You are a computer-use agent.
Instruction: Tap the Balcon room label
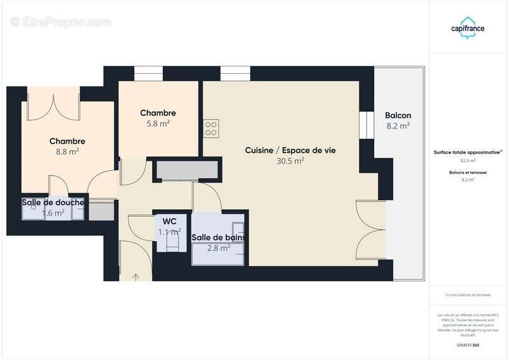click(x=398, y=115)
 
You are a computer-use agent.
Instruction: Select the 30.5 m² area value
click(x=290, y=161)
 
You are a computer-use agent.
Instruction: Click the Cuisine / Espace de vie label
click(x=290, y=150)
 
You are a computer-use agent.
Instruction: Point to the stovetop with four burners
click(x=211, y=128)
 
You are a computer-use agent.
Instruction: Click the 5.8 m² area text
click(x=158, y=124)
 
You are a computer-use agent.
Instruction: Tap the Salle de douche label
click(x=53, y=202)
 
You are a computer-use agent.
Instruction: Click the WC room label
click(x=169, y=221)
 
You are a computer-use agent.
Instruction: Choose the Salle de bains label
click(x=220, y=237)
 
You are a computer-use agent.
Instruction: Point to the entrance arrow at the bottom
click(x=136, y=275)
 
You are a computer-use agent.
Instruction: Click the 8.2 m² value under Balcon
click(x=398, y=126)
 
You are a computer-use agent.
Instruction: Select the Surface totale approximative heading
click(x=468, y=153)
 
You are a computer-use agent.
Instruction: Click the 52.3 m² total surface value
click(x=468, y=161)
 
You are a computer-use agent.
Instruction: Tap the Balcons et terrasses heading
click(x=468, y=172)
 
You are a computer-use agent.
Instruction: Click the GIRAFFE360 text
click(x=468, y=345)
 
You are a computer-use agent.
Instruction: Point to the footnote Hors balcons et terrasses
click(x=468, y=295)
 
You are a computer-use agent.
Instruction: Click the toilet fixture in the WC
click(x=169, y=242)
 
